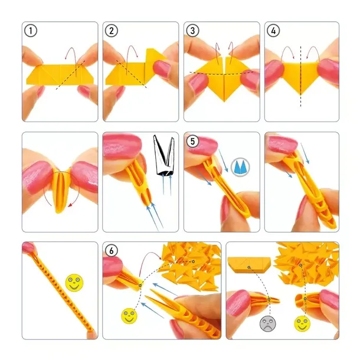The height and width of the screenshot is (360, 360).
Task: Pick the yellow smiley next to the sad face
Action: coord(302,323)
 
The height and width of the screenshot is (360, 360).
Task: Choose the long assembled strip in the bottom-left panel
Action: coord(60,293)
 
